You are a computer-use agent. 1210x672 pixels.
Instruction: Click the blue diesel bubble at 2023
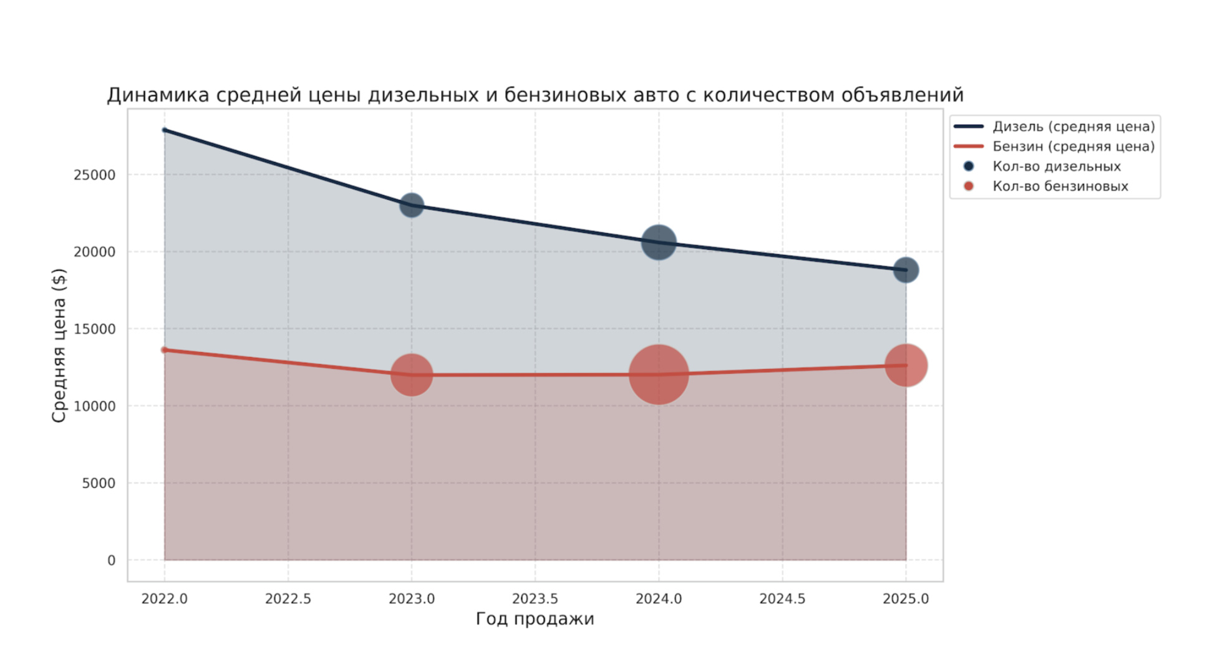[412, 205]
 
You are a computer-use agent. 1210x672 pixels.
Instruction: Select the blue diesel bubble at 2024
[659, 242]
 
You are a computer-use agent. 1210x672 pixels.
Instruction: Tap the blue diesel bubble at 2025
[906, 271]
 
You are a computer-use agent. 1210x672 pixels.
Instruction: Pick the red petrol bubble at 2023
[412, 375]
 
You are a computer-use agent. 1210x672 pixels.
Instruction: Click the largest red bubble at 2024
[659, 374]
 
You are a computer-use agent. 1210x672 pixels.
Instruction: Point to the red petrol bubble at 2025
[906, 365]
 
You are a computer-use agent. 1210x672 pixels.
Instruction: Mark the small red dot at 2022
[165, 350]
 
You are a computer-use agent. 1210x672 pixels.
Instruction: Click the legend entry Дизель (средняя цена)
[1073, 127]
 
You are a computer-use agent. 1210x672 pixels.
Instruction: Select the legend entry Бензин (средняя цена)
[1073, 146]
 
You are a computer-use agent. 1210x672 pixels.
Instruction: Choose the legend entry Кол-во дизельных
[1056, 166]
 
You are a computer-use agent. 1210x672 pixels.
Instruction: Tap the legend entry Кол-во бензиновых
[1060, 186]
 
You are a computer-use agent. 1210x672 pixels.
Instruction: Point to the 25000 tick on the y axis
[95, 175]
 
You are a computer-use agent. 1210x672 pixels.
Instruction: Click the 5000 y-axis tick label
[99, 483]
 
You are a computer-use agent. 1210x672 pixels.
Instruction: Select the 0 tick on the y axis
[111, 560]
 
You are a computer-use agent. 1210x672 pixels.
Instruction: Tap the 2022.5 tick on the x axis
[288, 599]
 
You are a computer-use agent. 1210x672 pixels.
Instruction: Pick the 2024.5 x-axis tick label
[782, 599]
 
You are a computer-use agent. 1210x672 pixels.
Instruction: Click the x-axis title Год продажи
[535, 619]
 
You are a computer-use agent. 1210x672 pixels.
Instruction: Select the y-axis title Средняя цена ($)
[59, 345]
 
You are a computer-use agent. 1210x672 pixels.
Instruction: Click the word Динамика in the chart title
[158, 95]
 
